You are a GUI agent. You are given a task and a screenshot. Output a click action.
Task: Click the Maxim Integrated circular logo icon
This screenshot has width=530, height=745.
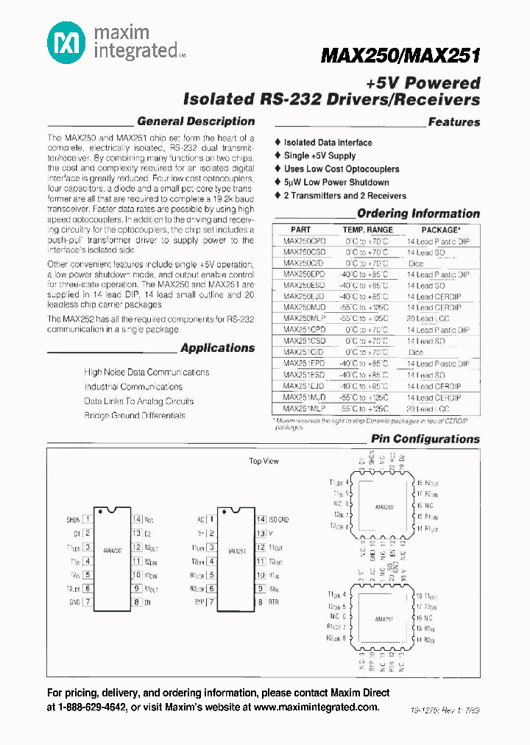pyautogui.click(x=67, y=43)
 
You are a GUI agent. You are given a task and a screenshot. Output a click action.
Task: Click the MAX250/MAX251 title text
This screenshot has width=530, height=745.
pyautogui.click(x=401, y=56)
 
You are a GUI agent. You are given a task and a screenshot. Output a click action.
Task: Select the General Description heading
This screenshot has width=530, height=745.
pyautogui.click(x=196, y=121)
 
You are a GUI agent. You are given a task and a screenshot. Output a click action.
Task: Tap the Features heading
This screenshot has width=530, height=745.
pyautogui.click(x=453, y=122)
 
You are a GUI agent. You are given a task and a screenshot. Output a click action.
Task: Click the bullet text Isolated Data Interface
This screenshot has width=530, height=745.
pyautogui.click(x=328, y=143)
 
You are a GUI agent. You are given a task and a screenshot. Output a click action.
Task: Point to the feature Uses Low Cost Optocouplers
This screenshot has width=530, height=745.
pyautogui.click(x=342, y=169)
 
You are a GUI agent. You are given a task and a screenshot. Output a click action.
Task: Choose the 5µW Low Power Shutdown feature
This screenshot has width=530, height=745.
pyautogui.click(x=336, y=183)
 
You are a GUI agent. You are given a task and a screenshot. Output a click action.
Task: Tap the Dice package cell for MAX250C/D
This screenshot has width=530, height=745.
pyautogui.click(x=416, y=264)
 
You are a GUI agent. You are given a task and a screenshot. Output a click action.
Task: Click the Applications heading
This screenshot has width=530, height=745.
pyautogui.click(x=217, y=348)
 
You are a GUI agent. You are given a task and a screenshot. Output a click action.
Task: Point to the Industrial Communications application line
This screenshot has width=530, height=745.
pyautogui.click(x=133, y=387)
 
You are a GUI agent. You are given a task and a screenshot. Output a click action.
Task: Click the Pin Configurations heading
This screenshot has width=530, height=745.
pyautogui.click(x=425, y=439)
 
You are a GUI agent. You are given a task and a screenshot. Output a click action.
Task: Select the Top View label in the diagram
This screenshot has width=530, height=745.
pyautogui.click(x=264, y=462)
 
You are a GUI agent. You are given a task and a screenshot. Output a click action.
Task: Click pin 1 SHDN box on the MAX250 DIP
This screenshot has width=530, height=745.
pyautogui.click(x=88, y=520)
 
